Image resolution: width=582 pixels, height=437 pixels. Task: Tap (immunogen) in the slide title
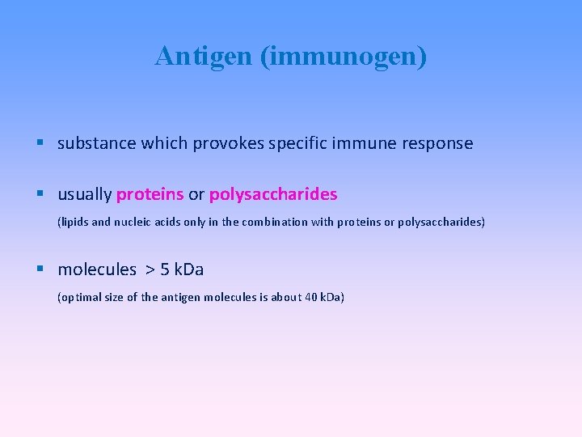[x=344, y=57]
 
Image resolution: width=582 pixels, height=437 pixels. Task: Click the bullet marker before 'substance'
[x=41, y=143]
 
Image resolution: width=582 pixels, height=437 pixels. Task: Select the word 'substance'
[x=97, y=144]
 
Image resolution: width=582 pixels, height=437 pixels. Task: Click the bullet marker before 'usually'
[x=41, y=194]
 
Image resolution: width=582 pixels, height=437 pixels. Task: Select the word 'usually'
[x=84, y=195]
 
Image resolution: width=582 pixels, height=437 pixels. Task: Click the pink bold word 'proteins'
[x=150, y=195]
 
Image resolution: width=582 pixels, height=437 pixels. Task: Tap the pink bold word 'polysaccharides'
[x=273, y=195]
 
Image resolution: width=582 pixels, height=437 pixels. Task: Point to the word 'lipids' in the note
[x=75, y=222]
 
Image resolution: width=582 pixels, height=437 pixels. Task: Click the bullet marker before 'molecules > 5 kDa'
[x=41, y=269]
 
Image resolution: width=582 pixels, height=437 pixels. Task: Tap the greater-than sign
[x=150, y=269]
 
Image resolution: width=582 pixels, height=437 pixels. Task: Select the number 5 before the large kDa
[x=167, y=269]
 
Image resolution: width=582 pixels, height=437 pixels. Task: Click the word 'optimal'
[x=79, y=298]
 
